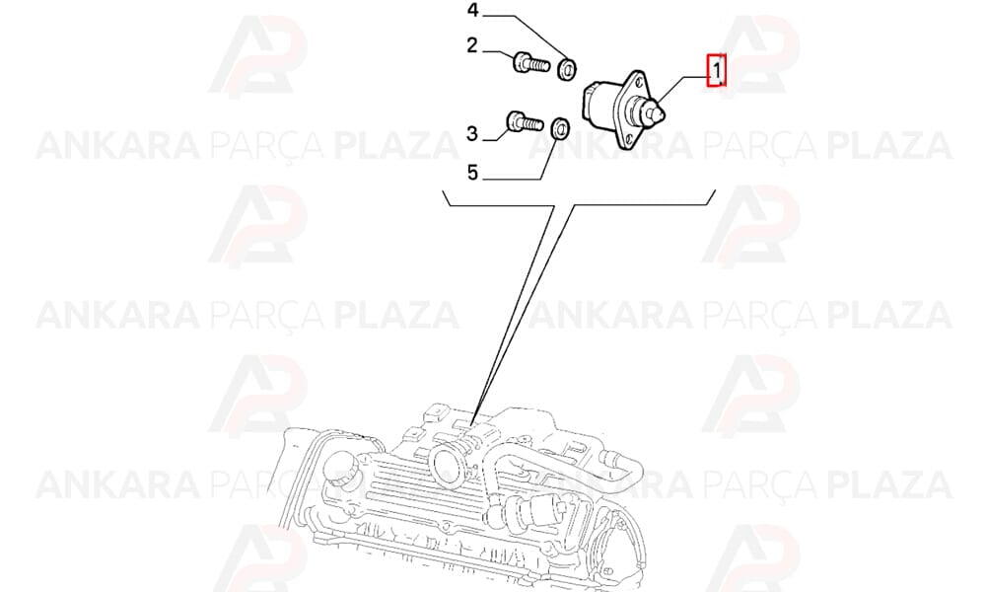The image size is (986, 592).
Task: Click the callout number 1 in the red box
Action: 716,70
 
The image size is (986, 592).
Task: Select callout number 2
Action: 471,46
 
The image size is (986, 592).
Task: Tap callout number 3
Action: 471,134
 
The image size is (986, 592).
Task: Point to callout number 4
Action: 472,11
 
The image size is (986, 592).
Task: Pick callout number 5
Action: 473,173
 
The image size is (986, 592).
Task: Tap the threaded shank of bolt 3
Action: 532,123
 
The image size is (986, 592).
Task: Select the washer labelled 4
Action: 569,68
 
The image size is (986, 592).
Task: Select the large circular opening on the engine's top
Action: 447,465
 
